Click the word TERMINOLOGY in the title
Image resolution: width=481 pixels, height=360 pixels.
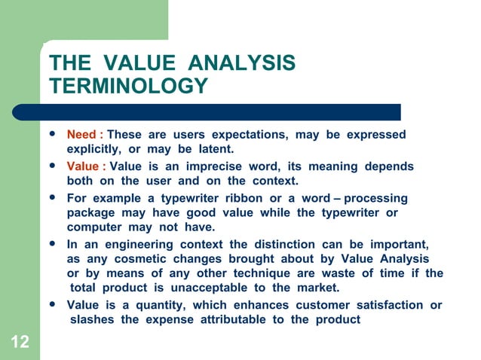click(127, 87)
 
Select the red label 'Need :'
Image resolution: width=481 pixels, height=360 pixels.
click(84, 135)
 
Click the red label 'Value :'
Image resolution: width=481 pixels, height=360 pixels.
click(86, 166)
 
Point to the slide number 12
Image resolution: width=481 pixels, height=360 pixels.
click(20, 343)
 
